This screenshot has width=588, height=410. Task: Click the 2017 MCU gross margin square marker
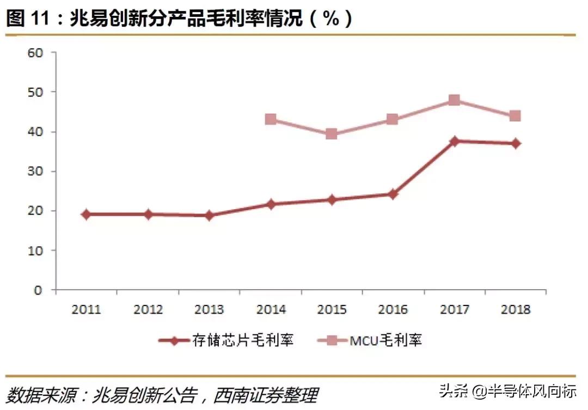[454, 100]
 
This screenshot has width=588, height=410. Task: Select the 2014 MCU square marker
[271, 119]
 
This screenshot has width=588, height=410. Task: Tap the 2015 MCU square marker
[332, 134]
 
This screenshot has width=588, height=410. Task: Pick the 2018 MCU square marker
[515, 116]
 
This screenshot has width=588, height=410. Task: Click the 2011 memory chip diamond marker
[87, 215]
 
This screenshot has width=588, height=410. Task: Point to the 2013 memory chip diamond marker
[209, 216]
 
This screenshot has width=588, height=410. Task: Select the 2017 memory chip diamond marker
[454, 141]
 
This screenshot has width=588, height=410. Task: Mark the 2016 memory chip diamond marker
[393, 194]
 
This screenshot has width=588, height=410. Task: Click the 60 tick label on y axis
[35, 53]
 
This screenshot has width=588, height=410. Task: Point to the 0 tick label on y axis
[38, 290]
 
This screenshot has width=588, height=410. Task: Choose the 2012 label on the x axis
[148, 310]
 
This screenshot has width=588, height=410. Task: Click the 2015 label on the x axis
[332, 310]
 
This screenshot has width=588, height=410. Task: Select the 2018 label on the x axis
[515, 310]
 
